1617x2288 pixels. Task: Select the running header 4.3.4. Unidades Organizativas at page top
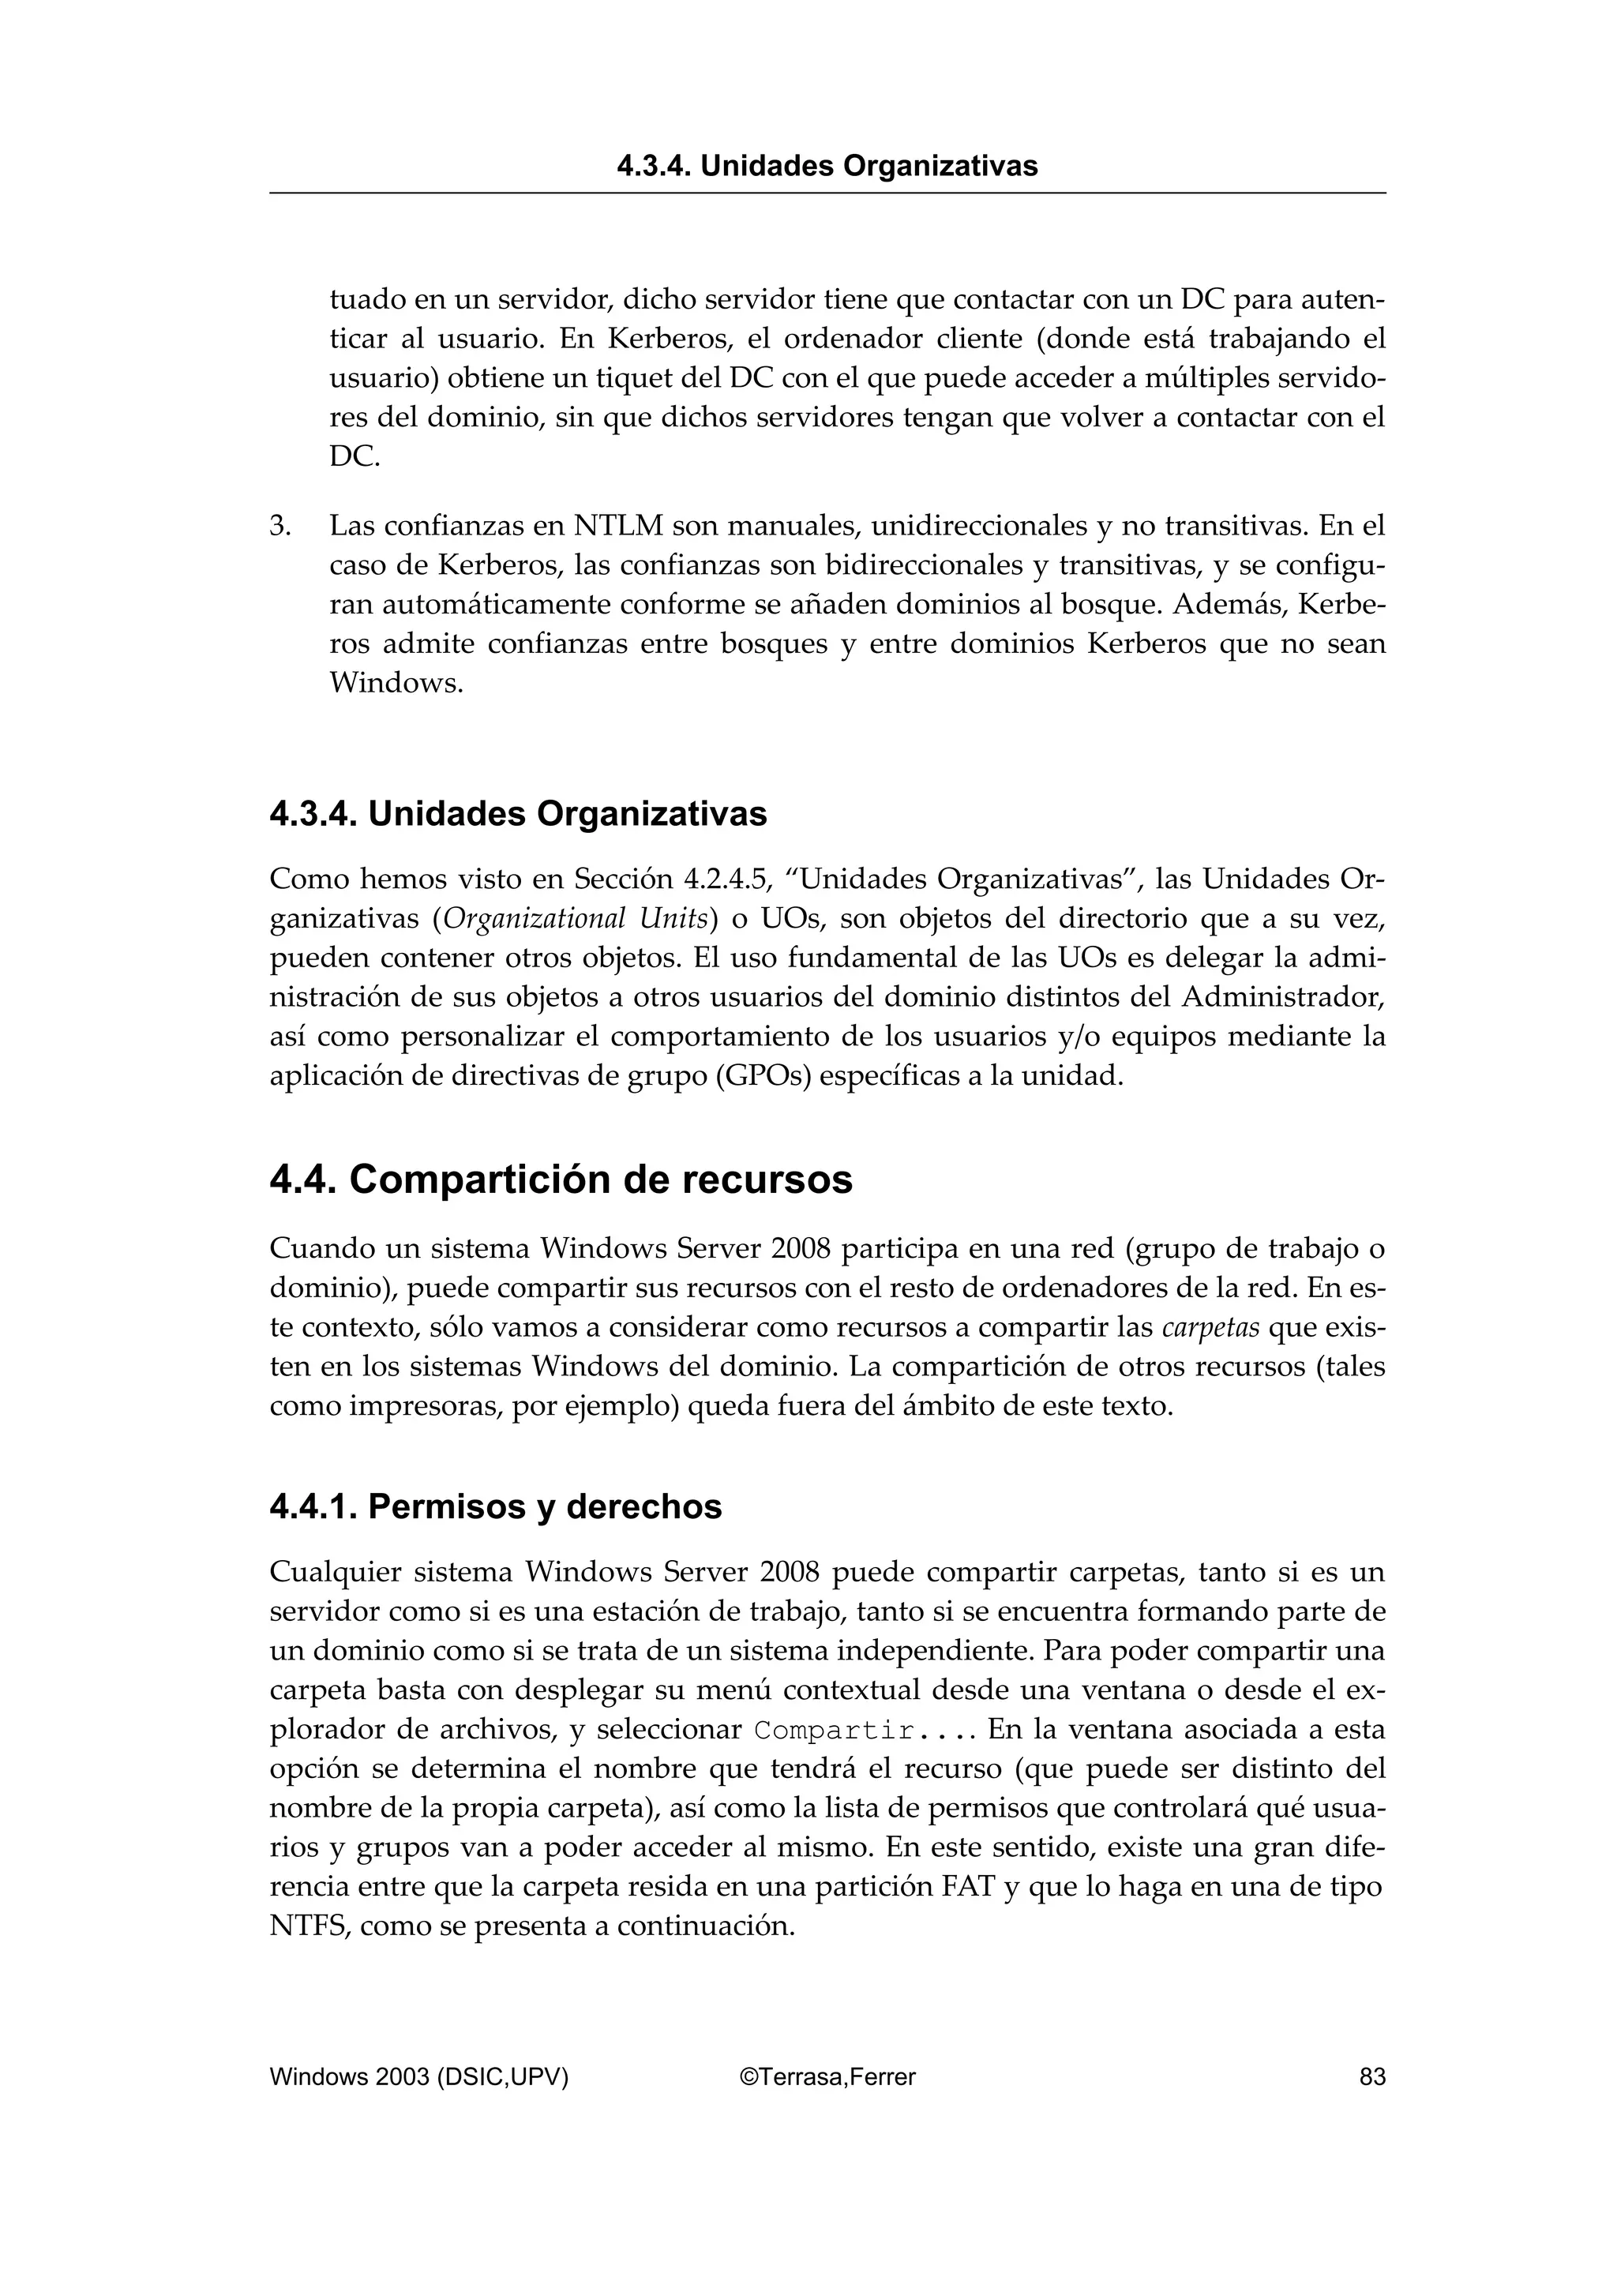[x=827, y=166]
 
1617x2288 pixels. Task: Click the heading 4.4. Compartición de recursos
[x=561, y=1180]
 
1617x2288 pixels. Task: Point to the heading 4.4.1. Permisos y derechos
[x=495, y=1506]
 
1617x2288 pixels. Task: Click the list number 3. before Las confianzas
[x=280, y=525]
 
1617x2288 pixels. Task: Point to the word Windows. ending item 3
[x=396, y=684]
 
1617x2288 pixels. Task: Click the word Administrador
[x=1283, y=996]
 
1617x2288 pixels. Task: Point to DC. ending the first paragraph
[x=355, y=457]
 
